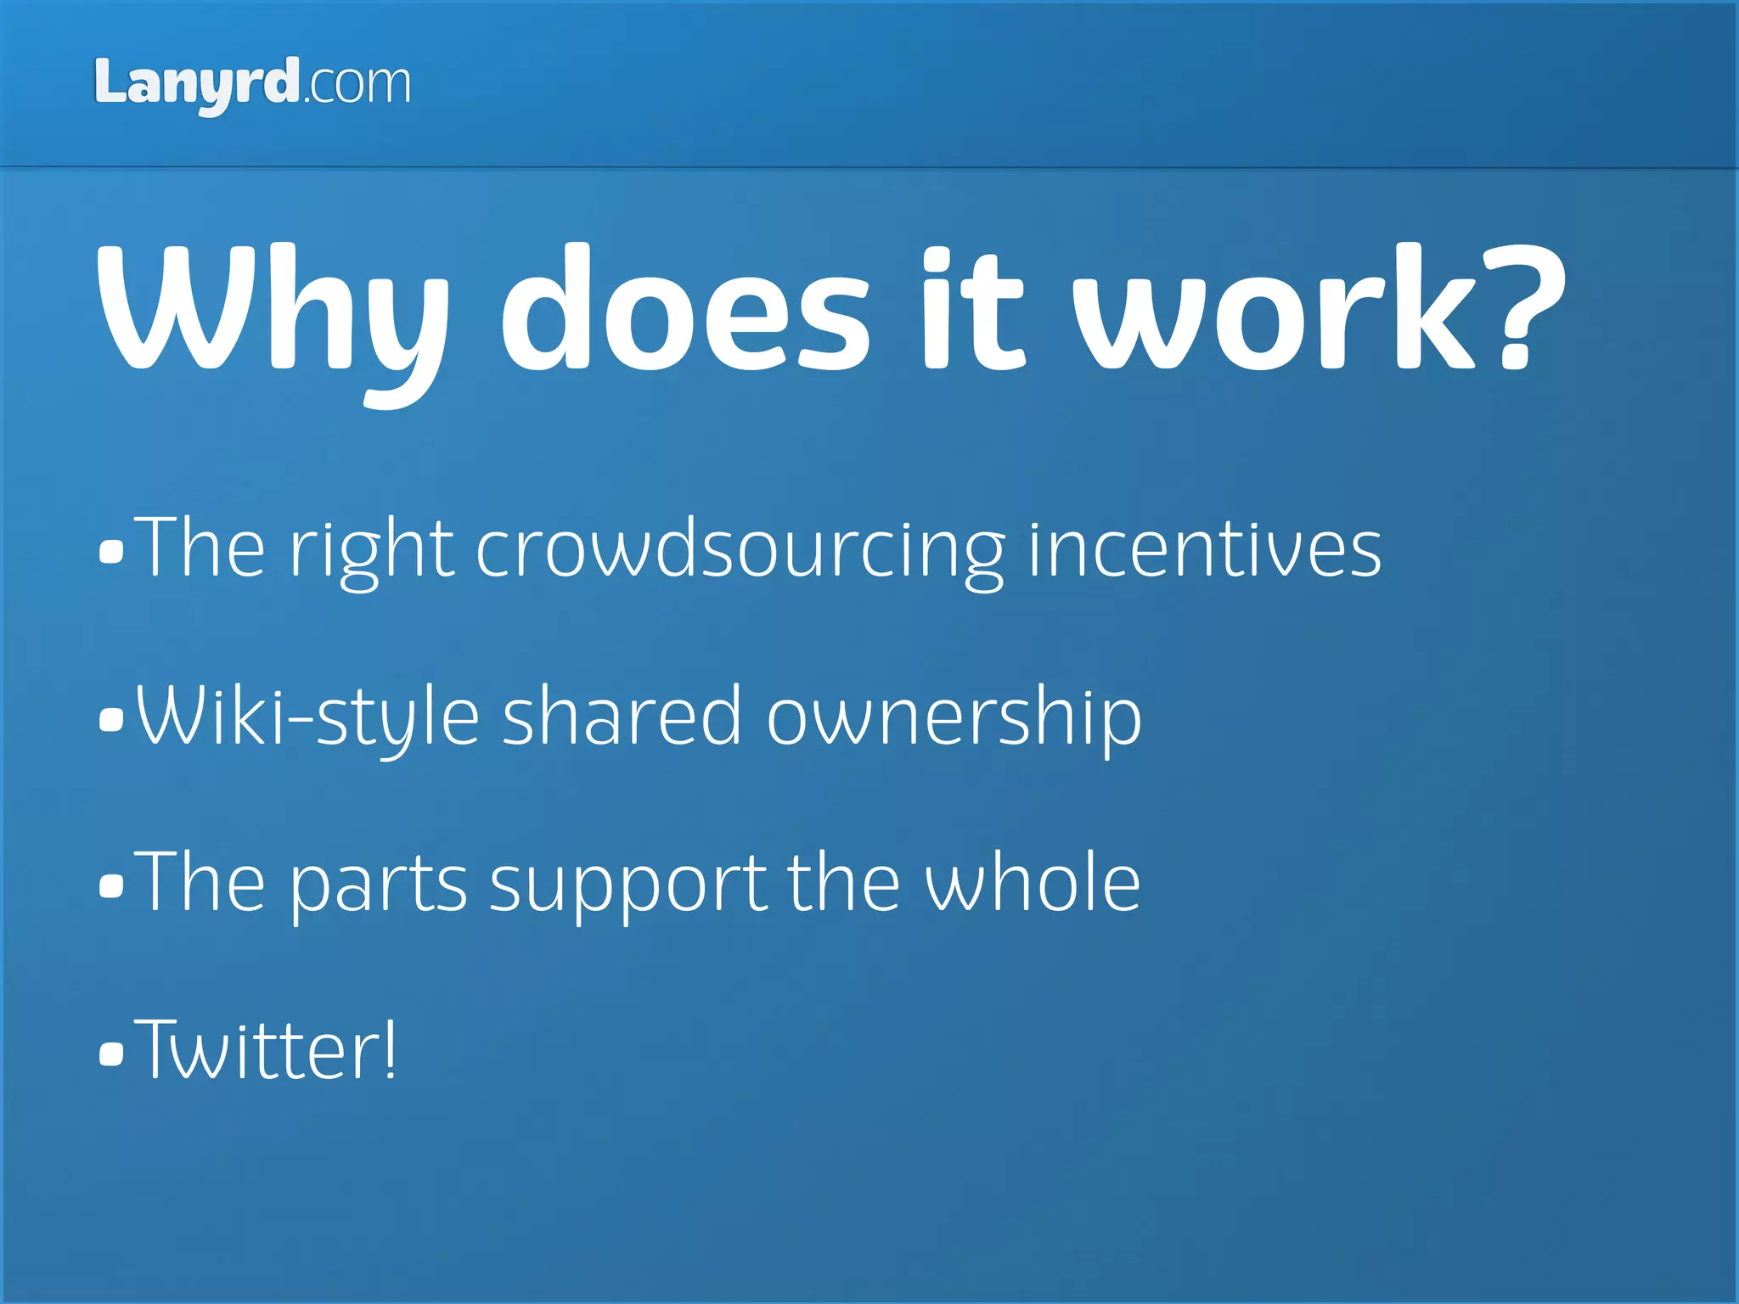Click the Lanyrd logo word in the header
196,83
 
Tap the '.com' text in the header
357,85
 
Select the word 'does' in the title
684,310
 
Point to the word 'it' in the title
973,310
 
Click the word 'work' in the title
1274,310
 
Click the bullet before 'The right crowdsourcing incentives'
111,552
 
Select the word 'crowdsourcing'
740,552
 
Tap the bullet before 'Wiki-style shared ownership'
111,719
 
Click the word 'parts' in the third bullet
379,885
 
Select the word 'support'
628,885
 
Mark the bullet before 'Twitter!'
111,1053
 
